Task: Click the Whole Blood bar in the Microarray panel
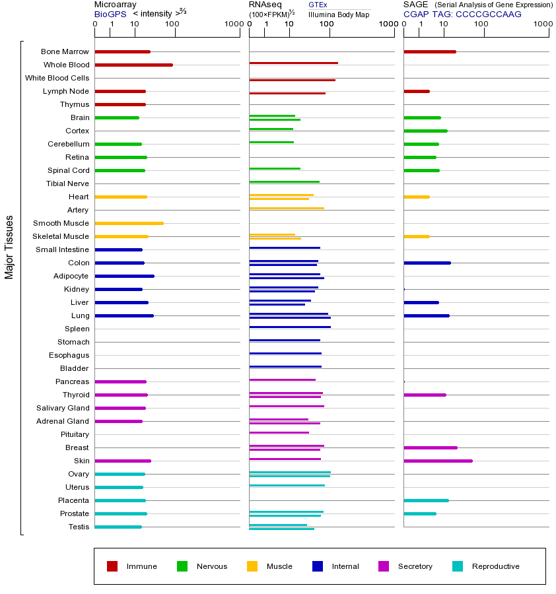click(133, 65)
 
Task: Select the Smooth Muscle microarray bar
click(129, 223)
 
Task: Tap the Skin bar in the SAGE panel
click(438, 461)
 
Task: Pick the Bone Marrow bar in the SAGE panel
click(429, 51)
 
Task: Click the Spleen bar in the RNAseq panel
click(290, 327)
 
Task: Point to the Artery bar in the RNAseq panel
click(287, 208)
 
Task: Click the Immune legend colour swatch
click(112, 566)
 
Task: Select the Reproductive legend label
click(495, 566)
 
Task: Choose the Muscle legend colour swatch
click(252, 566)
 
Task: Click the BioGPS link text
click(109, 14)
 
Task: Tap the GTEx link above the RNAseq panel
click(318, 5)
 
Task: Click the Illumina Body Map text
click(339, 14)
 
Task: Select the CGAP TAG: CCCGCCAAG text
click(462, 14)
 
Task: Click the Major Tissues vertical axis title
click(9, 247)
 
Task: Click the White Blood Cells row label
click(57, 78)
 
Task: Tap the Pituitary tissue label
click(75, 434)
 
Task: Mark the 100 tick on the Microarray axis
click(172, 25)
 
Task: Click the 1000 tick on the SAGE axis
click(543, 25)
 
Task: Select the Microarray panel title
click(116, 5)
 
